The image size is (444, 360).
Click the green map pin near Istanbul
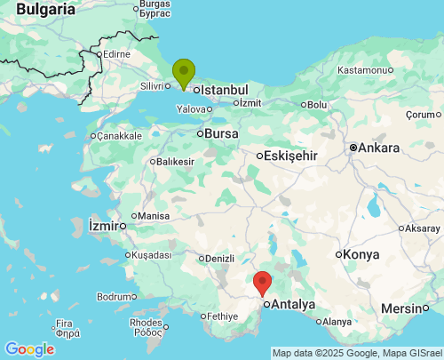[184, 71]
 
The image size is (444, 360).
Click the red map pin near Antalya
[262, 282]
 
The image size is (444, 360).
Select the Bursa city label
[222, 133]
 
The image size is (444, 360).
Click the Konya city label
[361, 254]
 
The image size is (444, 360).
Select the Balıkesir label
[176, 162]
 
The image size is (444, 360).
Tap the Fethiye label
[221, 316]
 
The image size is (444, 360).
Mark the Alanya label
[337, 321]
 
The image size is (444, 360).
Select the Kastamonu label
[364, 69]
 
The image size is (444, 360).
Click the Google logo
[29, 349]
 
